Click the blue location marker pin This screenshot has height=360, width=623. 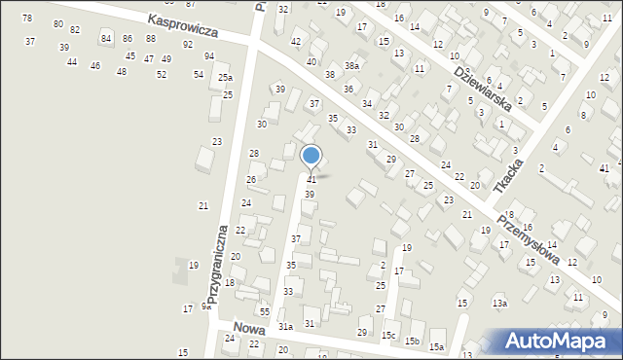point(311,157)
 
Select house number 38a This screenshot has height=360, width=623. point(350,65)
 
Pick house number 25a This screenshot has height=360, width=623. point(225,78)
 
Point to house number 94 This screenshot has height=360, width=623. point(209,56)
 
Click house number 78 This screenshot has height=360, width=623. point(26,18)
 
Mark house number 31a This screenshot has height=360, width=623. point(285,327)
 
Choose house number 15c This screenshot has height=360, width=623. point(388,336)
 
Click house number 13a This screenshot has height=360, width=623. point(499,304)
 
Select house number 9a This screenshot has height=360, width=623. point(206,306)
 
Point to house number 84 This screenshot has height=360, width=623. point(105,38)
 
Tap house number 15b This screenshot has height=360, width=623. point(413,342)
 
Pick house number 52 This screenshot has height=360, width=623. point(162,74)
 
